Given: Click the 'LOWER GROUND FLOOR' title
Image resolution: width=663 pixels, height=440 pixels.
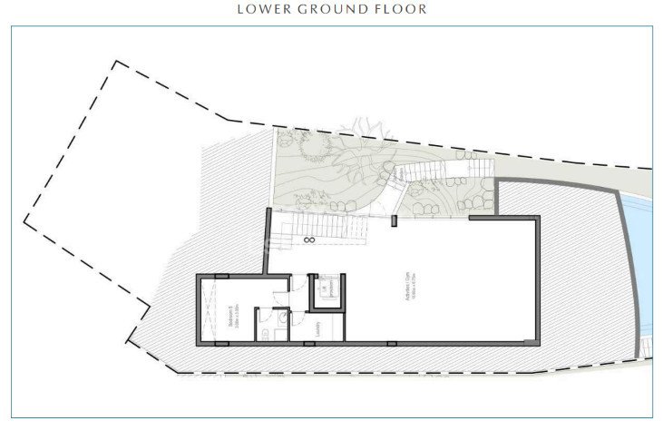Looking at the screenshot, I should [x=331, y=9].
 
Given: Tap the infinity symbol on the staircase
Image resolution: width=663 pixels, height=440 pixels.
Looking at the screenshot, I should [x=309, y=240].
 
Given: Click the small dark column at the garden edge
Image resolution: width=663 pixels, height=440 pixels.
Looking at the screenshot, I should [x=394, y=220].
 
